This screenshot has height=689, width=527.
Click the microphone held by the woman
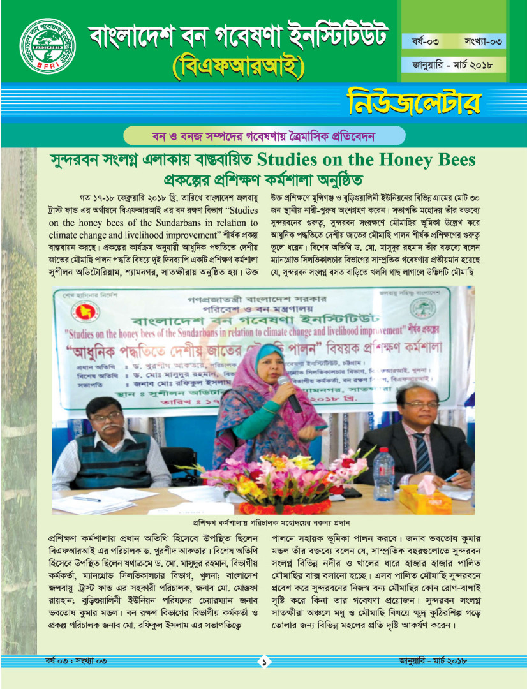coord(288,392)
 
